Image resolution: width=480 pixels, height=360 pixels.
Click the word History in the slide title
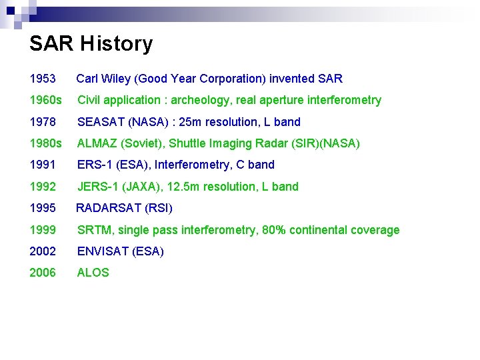[x=116, y=44]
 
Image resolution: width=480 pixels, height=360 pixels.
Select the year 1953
[x=43, y=79]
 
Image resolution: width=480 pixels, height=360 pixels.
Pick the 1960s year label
[x=45, y=100]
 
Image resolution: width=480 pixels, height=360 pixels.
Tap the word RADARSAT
[x=109, y=208]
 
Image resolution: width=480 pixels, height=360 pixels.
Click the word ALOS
[x=93, y=273]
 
